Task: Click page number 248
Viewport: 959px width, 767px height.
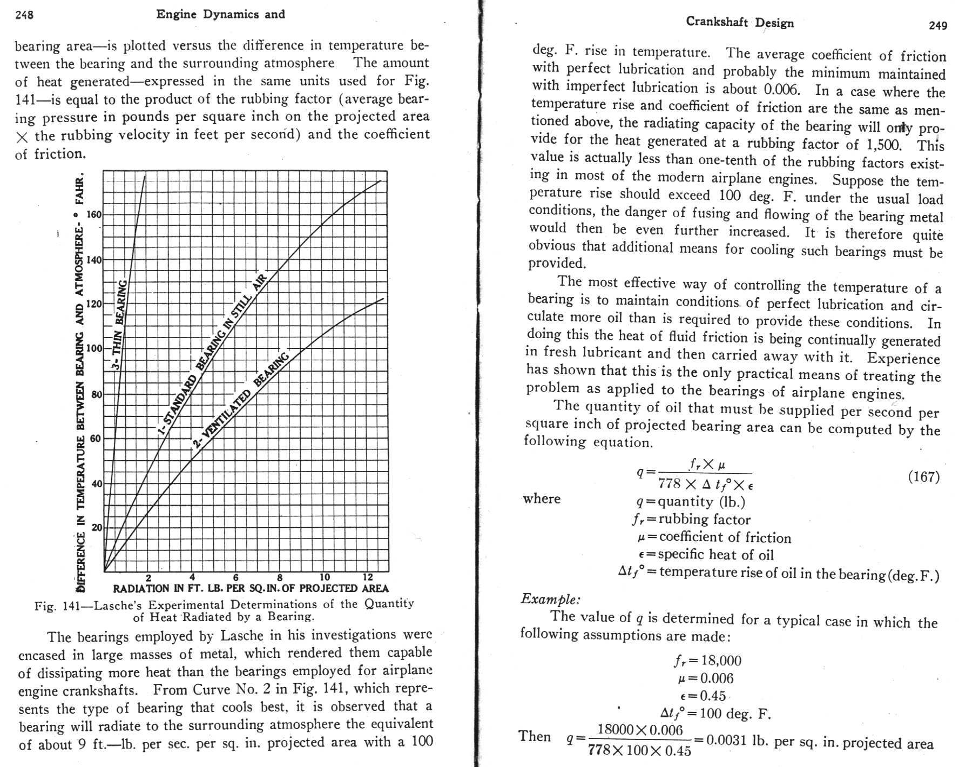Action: (x=24, y=15)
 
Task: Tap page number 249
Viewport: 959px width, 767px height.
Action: (x=938, y=25)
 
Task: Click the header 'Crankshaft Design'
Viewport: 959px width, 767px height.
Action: (x=740, y=22)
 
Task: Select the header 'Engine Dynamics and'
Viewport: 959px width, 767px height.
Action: (x=220, y=15)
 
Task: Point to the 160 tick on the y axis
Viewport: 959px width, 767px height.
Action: (x=94, y=215)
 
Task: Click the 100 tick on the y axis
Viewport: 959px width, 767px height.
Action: (x=94, y=348)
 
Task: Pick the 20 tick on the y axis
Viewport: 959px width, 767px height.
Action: (x=96, y=527)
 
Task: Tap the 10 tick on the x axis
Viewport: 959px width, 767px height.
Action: (x=324, y=577)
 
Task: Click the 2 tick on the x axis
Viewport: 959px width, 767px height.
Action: (x=148, y=577)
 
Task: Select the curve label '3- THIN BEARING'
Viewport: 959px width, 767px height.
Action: (x=119, y=324)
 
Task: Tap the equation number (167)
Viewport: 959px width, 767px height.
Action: (x=923, y=476)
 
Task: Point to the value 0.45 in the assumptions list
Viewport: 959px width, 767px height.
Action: (x=712, y=696)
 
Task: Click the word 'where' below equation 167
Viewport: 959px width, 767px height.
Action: (x=542, y=499)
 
